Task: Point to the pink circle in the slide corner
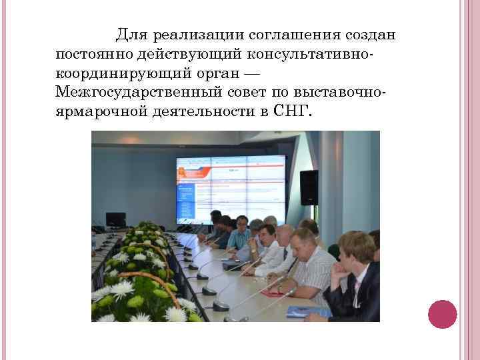[442, 314]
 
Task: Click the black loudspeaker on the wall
[309, 187]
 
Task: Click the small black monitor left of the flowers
[115, 219]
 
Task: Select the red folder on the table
[273, 292]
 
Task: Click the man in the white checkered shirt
[313, 267]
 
